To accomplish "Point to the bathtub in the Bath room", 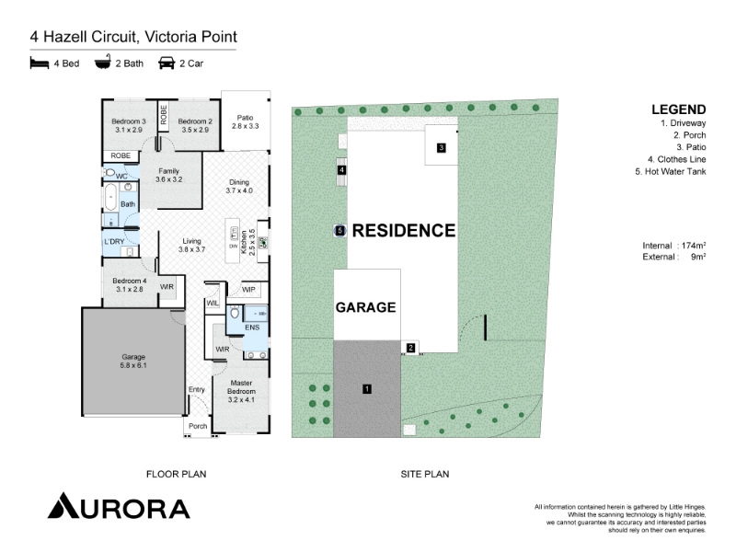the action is (x=110, y=197).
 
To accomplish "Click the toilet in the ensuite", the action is (x=235, y=312).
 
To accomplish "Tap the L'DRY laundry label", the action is (x=114, y=241).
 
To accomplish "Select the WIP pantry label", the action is (x=248, y=289).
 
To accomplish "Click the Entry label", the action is (x=197, y=389).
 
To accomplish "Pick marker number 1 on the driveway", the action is (x=366, y=388).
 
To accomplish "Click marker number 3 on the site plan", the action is (x=441, y=148).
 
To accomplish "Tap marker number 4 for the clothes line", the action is (x=341, y=170).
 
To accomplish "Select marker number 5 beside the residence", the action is (x=340, y=231).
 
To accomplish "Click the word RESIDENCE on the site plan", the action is (x=404, y=231).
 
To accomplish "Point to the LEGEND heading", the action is (x=679, y=109).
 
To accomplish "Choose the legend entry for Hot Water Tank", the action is (x=671, y=171).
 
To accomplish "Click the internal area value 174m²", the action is (x=694, y=245).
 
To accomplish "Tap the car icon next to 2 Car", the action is (x=167, y=63).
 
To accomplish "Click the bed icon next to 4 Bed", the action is (x=40, y=63).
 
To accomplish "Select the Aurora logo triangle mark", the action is (x=63, y=506).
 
